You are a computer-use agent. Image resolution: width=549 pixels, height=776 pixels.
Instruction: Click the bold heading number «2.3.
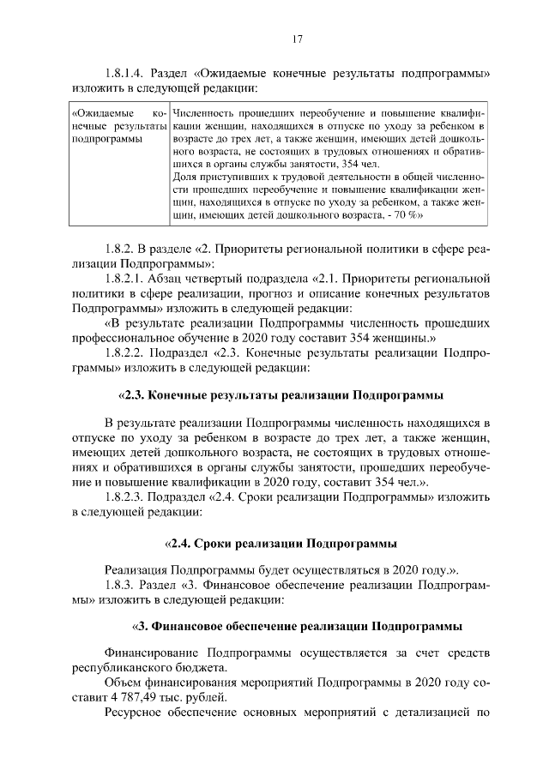coord(131,395)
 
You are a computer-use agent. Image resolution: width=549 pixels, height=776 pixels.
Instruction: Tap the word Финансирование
coord(148,652)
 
